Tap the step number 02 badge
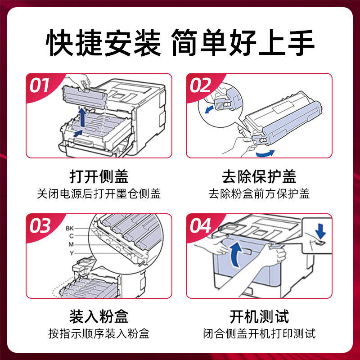201,85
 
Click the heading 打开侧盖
99,176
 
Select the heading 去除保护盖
259,176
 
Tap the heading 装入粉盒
99,316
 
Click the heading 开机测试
259,316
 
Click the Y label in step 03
71,253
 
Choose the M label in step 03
70,244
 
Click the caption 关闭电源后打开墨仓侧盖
99,194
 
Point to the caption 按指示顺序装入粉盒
99,334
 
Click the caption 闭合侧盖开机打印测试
259,334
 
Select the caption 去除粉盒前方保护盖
259,194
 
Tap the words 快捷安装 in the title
103,44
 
